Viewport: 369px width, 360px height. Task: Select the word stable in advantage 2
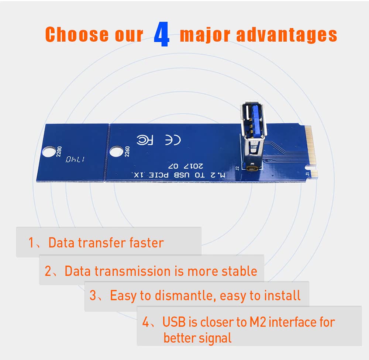pos(239,271)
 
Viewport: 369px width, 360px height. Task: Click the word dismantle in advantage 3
pos(181,296)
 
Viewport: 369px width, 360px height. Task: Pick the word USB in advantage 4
pos(175,322)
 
